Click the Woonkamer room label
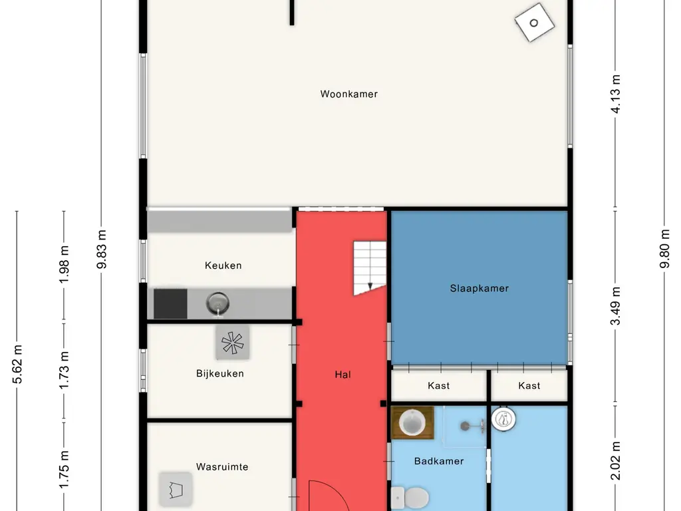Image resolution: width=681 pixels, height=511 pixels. [x=348, y=94]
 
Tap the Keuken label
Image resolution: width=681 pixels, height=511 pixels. [x=223, y=265]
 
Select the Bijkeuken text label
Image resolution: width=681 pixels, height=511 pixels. [x=219, y=374]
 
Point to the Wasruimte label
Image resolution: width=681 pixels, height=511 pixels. [x=222, y=466]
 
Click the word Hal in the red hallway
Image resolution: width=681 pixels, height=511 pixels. [x=342, y=375]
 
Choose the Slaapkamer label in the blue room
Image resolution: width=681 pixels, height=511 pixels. [x=479, y=288]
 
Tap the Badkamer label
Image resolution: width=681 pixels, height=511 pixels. [x=439, y=461]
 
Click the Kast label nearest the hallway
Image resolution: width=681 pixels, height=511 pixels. [x=439, y=385]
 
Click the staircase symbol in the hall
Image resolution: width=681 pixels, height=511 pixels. [x=370, y=268]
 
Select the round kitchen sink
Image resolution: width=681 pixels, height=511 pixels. [x=217, y=303]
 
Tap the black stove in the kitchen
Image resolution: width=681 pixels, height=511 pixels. [x=170, y=303]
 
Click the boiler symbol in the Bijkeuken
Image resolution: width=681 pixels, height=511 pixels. [x=232, y=343]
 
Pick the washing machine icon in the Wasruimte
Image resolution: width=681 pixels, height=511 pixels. [x=176, y=489]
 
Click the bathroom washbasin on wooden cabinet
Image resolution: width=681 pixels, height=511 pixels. [x=412, y=423]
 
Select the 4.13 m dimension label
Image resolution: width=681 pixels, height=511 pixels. [x=615, y=94]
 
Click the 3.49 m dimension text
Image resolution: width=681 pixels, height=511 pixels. [x=615, y=306]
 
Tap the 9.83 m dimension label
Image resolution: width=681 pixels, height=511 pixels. [x=101, y=250]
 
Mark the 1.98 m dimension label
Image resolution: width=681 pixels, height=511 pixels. [x=64, y=264]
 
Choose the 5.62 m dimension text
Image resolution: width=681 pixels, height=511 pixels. [x=17, y=364]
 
